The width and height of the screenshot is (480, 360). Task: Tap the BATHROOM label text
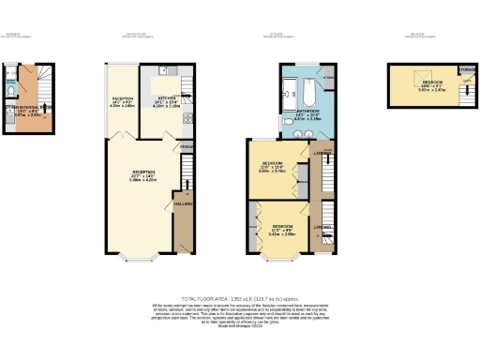[307, 111]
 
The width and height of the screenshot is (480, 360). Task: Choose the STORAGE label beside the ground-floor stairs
[187, 148]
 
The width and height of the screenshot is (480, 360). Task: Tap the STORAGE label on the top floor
[467, 68]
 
